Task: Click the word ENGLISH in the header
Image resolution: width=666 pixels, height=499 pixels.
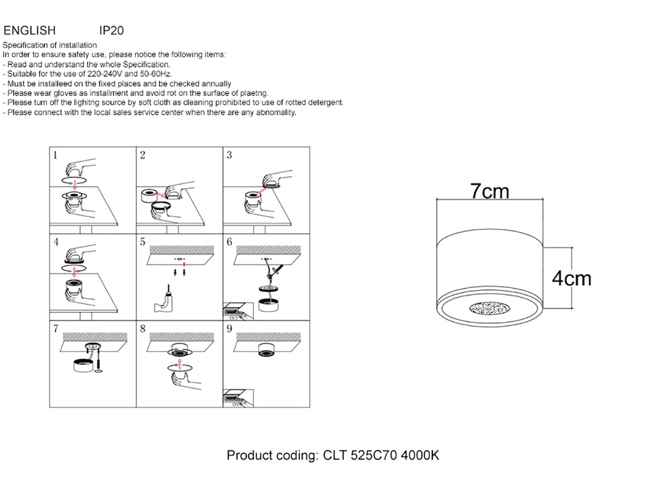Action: (29, 30)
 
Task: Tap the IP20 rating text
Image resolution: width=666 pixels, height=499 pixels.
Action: (112, 30)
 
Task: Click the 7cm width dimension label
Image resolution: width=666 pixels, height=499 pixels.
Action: (490, 191)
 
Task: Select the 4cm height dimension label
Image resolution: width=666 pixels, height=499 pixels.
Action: (571, 278)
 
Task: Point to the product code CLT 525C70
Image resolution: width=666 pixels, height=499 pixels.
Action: (360, 455)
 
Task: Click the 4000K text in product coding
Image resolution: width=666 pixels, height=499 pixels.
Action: (420, 455)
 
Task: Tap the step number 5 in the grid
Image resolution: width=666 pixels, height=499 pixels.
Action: (143, 242)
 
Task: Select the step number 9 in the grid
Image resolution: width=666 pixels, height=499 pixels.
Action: (229, 329)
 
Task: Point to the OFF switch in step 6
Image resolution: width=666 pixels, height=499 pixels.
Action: (238, 311)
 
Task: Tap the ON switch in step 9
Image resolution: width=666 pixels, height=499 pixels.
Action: (238, 398)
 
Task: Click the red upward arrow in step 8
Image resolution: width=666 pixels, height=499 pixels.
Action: (180, 364)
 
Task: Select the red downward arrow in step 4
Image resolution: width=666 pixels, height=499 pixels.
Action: (74, 272)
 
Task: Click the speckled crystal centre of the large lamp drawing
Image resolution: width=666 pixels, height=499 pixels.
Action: (490, 308)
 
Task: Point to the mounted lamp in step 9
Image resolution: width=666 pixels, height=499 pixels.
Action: (267, 350)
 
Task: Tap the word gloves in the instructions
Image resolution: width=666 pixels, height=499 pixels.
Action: (66, 93)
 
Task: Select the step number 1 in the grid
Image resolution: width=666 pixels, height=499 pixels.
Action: (55, 155)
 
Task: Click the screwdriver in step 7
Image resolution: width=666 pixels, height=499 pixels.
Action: (98, 364)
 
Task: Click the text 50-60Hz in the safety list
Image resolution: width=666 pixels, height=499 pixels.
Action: (156, 74)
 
